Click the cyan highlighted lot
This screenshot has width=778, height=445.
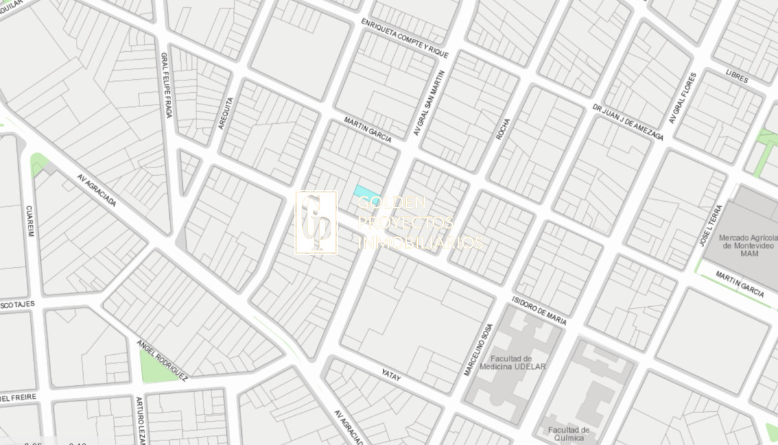click(366, 194)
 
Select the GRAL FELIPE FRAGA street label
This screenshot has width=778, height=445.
click(166, 85)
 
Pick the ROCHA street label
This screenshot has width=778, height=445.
click(502, 129)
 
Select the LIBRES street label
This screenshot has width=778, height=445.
click(737, 78)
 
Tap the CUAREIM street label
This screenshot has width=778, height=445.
click(29, 221)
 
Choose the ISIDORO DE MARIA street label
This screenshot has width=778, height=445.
click(539, 311)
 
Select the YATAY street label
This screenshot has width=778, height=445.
click(392, 375)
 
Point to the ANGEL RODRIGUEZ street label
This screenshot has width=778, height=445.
click(162, 360)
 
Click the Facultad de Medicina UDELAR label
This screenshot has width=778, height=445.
click(512, 363)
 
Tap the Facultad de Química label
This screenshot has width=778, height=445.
click(569, 433)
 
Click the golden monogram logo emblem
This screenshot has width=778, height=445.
click(316, 222)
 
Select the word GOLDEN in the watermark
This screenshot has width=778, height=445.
click(392, 202)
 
